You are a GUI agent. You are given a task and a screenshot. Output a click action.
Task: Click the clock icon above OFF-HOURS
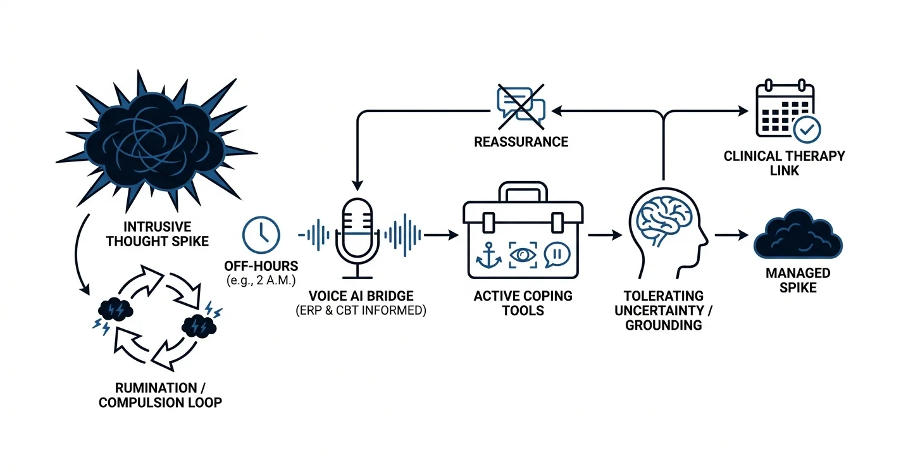tap(261, 235)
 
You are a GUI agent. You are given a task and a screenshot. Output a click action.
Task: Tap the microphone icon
tap(357, 238)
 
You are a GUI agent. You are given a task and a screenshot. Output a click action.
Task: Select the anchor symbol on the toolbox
tap(488, 255)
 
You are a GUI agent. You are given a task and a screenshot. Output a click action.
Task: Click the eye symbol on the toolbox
tap(523, 254)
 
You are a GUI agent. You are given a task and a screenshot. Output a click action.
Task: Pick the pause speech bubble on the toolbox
tap(557, 254)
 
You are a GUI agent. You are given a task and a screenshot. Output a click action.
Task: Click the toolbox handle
tap(523, 192)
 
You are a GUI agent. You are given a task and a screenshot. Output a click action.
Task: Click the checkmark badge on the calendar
tap(807, 130)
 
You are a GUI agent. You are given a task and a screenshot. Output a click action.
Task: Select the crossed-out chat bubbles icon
tap(521, 106)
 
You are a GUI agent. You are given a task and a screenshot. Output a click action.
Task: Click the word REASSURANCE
tap(521, 142)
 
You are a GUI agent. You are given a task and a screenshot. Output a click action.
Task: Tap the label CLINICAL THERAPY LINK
tap(785, 163)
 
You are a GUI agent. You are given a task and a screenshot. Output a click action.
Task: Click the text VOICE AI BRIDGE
tap(361, 296)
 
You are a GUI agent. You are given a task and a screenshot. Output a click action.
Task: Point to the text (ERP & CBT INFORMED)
tap(361, 311)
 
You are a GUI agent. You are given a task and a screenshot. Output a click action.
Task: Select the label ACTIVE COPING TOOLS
tap(523, 303)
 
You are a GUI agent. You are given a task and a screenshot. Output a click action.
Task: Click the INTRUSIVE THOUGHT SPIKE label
tap(158, 234)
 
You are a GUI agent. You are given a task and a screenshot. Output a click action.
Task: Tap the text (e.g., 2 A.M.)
tap(261, 280)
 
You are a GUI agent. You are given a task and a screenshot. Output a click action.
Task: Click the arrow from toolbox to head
tap(605, 235)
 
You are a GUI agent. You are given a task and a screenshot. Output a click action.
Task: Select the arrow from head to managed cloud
tap(731, 235)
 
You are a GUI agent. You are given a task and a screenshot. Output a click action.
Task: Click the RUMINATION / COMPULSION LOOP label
tap(160, 395)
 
